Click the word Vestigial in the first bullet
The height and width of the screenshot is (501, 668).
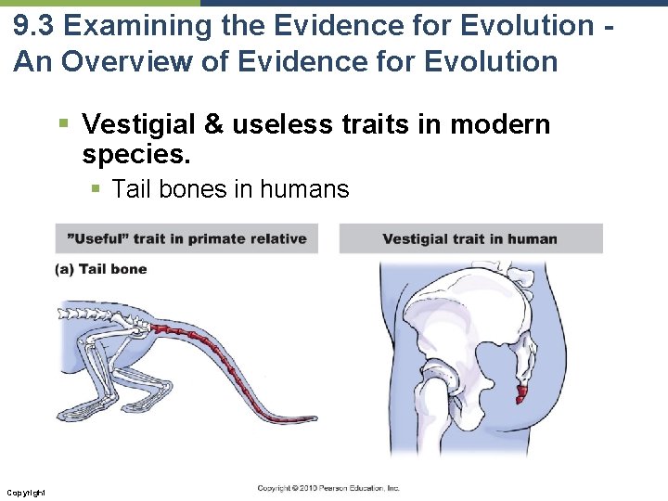[x=139, y=124]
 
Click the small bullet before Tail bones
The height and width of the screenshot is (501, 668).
[x=96, y=189]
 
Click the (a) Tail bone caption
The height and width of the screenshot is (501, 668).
[x=101, y=269]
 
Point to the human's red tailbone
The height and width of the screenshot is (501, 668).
[x=522, y=393]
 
